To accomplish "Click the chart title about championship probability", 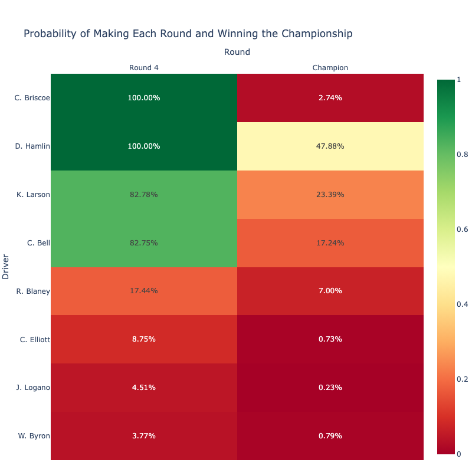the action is [x=188, y=34].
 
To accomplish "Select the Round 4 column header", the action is [x=143, y=68].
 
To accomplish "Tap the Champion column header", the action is [x=330, y=68].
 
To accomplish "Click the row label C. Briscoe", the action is [x=32, y=98].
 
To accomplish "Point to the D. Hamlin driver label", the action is [x=32, y=146].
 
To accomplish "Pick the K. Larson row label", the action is [x=33, y=195].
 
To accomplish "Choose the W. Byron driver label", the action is [x=34, y=436].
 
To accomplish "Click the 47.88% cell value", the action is [x=330, y=146].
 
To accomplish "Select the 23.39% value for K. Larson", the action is [x=330, y=195].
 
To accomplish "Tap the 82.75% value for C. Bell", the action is [x=143, y=243].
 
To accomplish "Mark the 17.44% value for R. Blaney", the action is [x=143, y=291].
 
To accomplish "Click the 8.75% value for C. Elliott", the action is [x=143, y=339].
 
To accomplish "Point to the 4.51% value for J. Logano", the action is [x=143, y=388].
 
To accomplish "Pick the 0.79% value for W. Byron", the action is [x=330, y=436].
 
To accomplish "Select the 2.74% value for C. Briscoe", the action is [x=330, y=98].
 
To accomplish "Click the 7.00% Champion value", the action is [x=330, y=291].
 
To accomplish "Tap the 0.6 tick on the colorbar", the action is [x=463, y=230].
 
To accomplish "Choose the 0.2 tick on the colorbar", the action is [x=463, y=379].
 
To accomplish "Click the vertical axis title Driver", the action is [x=5, y=267].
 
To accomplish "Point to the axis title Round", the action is [x=237, y=52].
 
